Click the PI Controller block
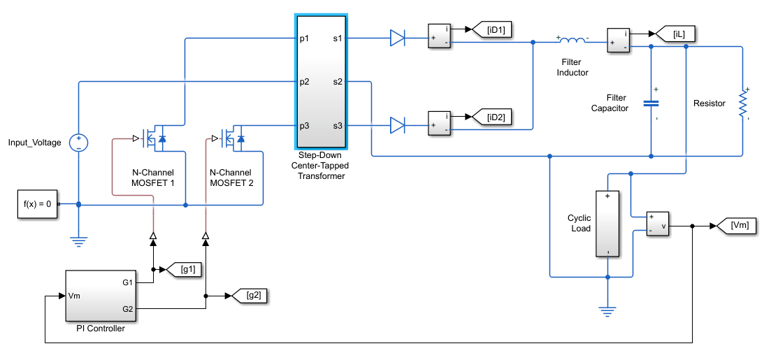101,295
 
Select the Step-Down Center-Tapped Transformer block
321,82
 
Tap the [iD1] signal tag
491,30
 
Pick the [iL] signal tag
677,34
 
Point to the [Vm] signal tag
736,226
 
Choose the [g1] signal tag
184,270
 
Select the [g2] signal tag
250,296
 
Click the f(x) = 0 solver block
38,203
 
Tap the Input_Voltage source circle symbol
79,143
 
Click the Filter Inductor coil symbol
572,41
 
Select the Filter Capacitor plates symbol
651,103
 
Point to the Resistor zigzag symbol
743,103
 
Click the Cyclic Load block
607,224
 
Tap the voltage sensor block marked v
658,224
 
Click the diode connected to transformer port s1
397,38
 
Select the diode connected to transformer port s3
397,125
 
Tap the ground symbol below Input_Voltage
79,241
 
